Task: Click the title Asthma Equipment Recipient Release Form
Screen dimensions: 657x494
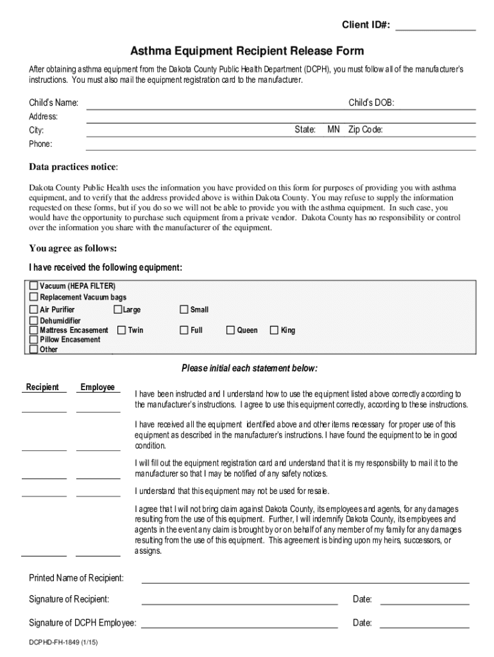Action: [x=247, y=51]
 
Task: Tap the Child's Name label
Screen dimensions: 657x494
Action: [x=54, y=103]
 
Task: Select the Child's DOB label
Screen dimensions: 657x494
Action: [x=371, y=103]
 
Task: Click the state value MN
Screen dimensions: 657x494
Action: [x=333, y=130]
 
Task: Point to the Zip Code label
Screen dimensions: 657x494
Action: [x=365, y=130]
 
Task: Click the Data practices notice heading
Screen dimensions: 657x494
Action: [x=73, y=167]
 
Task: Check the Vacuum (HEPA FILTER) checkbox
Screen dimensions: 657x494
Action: [x=34, y=286]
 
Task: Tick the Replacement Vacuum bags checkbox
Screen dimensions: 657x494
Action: [x=34, y=297]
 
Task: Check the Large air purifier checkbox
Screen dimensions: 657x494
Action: [x=118, y=309]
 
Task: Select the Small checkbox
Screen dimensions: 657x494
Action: [x=184, y=309]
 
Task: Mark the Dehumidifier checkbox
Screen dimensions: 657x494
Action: [x=34, y=320]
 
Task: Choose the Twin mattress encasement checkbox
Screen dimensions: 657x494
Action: [x=121, y=330]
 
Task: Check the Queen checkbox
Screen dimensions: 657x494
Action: [x=230, y=330]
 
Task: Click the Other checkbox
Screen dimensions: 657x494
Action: [x=34, y=350]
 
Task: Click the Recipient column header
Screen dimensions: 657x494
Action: [x=42, y=387]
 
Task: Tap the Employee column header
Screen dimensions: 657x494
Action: [x=98, y=387]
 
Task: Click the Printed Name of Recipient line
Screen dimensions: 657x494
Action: [x=305, y=579]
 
